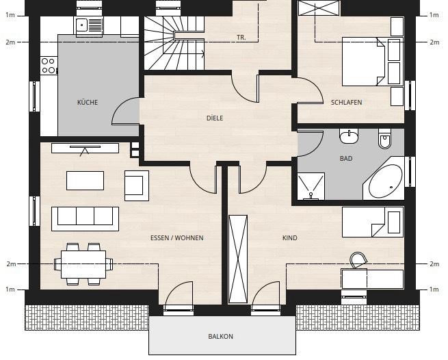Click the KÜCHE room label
88,103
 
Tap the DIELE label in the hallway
215,118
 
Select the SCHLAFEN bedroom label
346,103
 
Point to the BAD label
346,158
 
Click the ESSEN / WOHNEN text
177,238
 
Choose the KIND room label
290,238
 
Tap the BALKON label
221,337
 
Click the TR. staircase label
241,38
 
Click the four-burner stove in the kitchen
49,66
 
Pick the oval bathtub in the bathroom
386,181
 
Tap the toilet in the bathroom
384,140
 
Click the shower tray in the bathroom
311,186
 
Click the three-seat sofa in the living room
85,218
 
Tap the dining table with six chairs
85,263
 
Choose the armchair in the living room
136,185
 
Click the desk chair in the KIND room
358,261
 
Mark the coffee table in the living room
85,181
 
